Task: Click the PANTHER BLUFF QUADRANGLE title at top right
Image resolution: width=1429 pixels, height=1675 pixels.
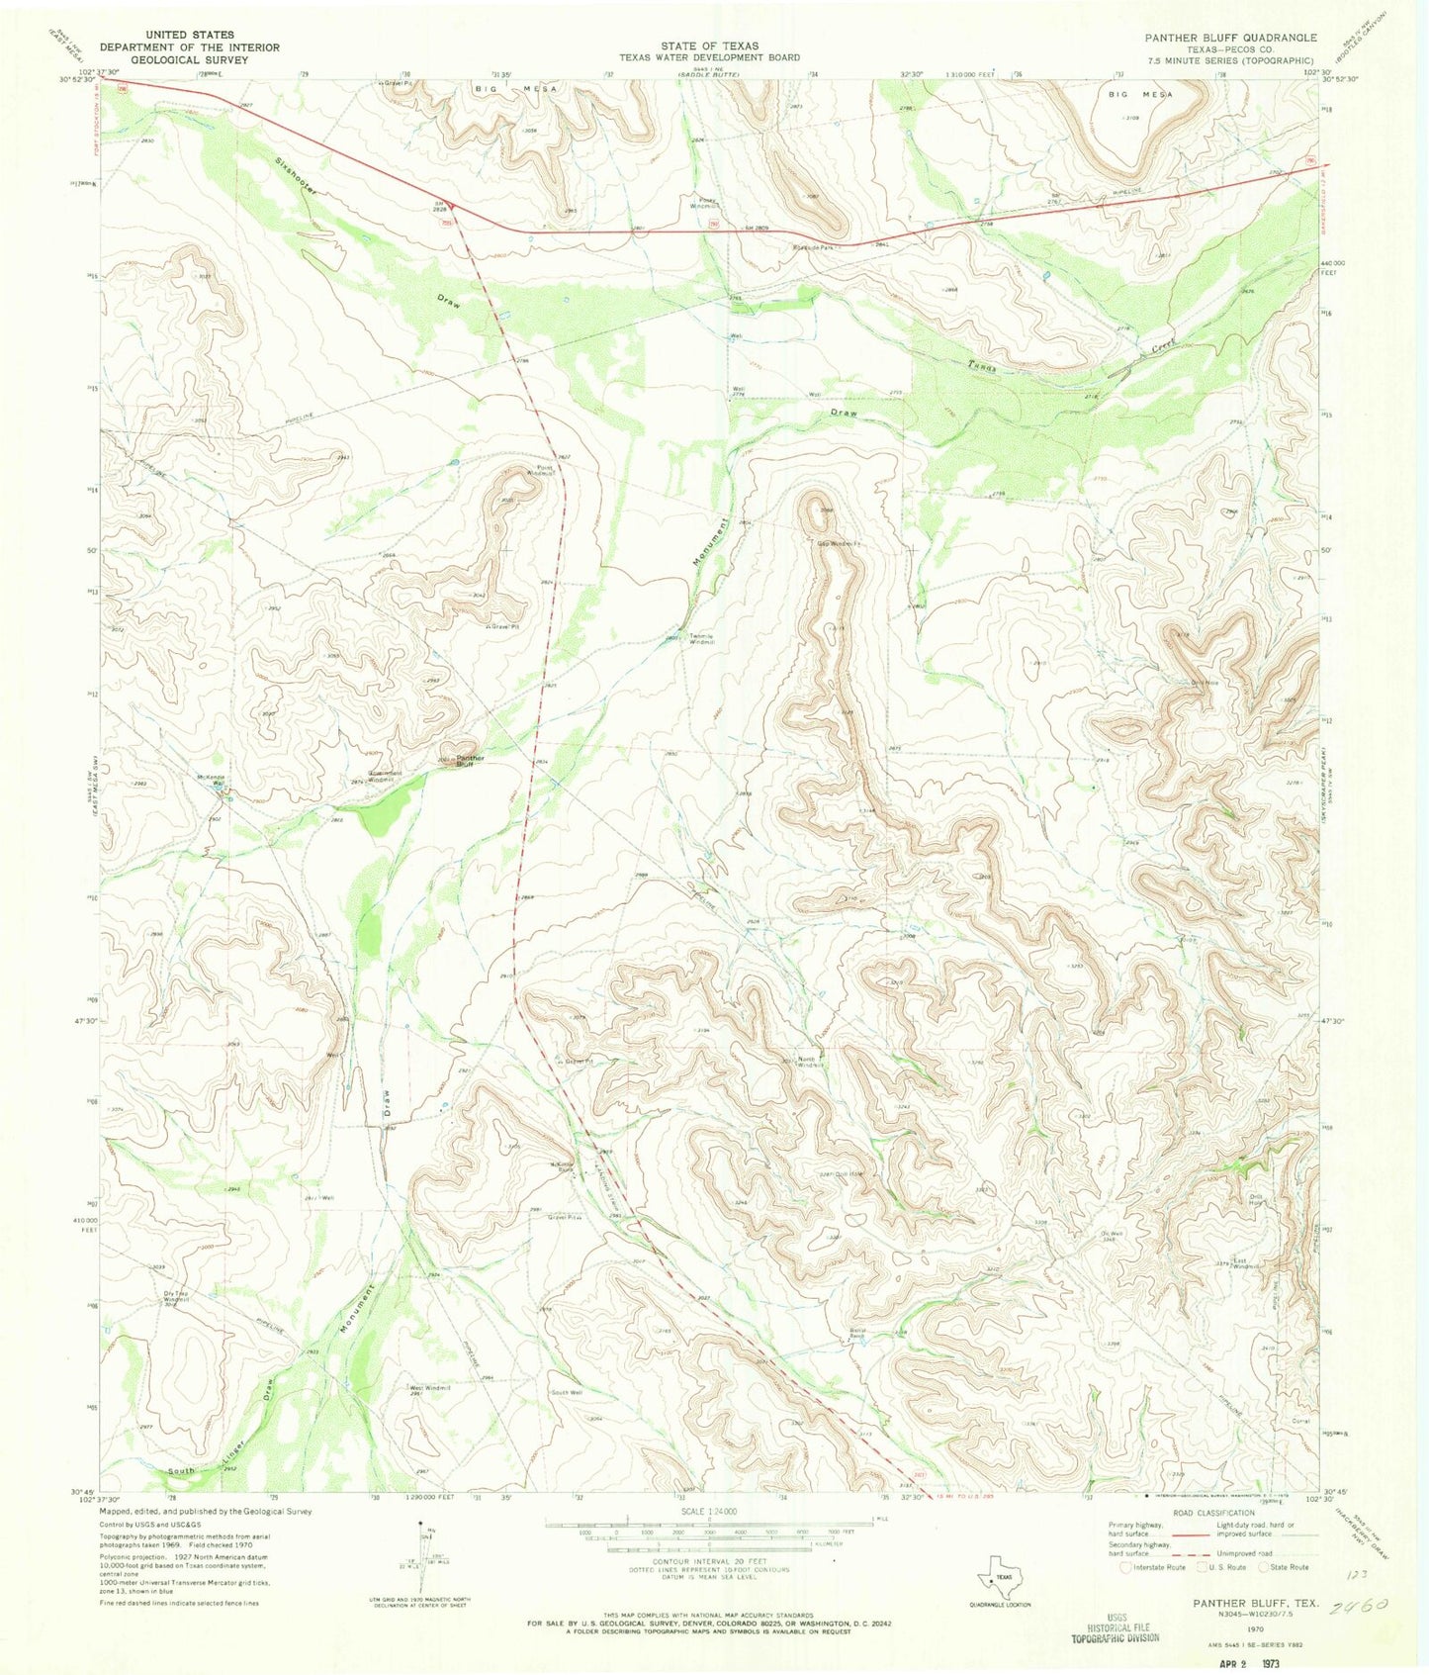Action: [1230, 37]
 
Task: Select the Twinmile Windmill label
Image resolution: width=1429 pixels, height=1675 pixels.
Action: [702, 639]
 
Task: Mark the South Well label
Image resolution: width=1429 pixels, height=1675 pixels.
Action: [567, 1392]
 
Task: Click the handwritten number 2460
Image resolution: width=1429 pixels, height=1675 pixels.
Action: [1362, 1607]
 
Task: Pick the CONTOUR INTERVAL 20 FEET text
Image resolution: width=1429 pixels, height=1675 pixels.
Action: [703, 1560]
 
